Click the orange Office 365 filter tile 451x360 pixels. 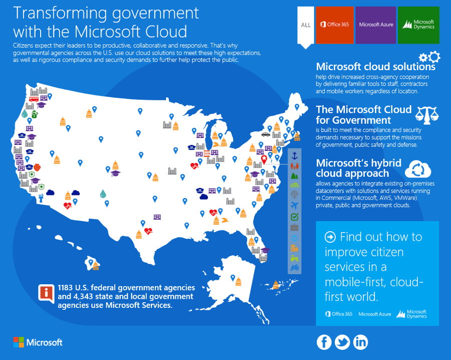coord(335,25)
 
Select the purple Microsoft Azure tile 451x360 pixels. coord(376,25)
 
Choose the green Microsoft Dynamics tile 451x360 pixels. coord(418,25)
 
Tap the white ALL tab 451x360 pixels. coord(306,25)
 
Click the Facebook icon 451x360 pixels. coord(324,342)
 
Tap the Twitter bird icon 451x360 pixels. coord(342,342)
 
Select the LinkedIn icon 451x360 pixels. coord(360,342)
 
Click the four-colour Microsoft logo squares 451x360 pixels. coord(19,342)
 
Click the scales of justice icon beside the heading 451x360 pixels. coord(427,115)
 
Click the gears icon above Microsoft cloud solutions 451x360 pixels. coord(429,57)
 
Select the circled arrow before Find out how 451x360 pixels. coord(330,237)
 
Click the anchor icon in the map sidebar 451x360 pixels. coord(295,155)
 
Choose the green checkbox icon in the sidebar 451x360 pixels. coord(295,217)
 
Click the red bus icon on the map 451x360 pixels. coord(34,99)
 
